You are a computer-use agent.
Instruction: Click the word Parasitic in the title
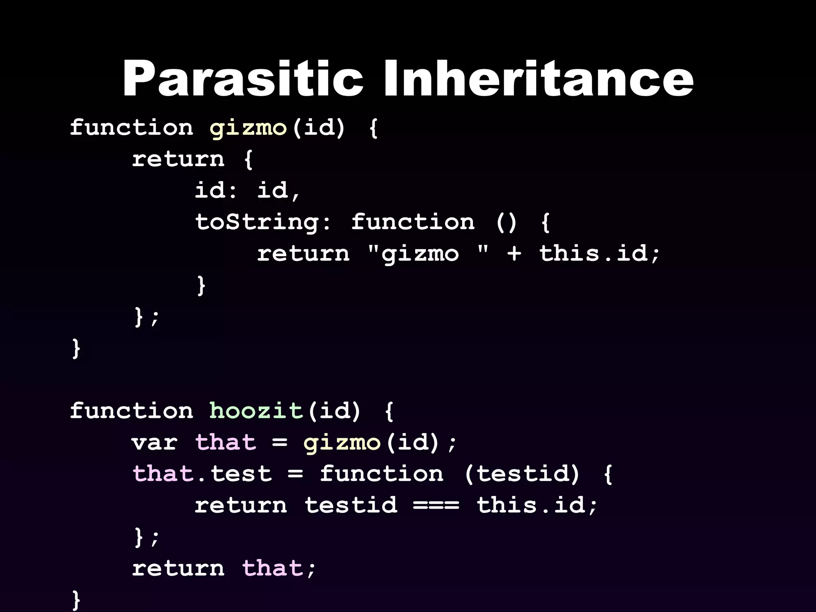tap(243, 78)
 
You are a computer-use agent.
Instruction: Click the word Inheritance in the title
tap(538, 78)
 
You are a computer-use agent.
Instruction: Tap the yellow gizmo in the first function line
tap(248, 128)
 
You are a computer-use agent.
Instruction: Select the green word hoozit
tap(256, 411)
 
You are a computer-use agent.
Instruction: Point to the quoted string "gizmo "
tap(428, 254)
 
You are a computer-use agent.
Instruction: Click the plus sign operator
tap(514, 254)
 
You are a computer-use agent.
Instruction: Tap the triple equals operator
tap(436, 505)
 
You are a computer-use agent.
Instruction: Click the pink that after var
tap(226, 442)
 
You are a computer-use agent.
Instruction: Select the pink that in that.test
tap(163, 474)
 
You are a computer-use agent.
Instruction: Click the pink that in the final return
tap(273, 568)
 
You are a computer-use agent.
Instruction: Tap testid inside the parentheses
tap(522, 474)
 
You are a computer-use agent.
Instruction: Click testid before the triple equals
tap(351, 505)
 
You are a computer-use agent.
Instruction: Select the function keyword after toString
tap(413, 222)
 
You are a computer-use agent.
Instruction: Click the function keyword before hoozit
tap(131, 411)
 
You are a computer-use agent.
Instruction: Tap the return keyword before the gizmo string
tap(303, 254)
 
